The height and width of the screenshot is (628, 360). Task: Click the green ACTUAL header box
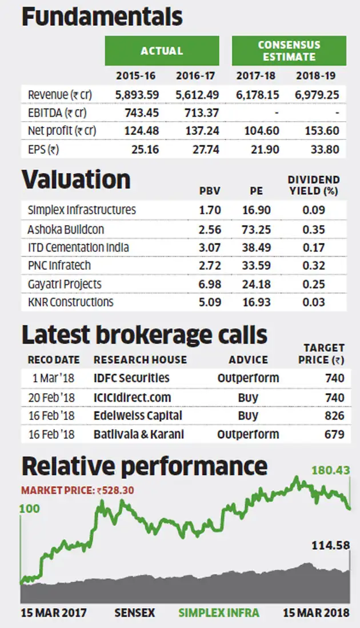[162, 51]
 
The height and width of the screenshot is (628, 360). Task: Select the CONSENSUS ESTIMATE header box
[289, 51]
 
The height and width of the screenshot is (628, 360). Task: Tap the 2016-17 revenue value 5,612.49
[197, 94]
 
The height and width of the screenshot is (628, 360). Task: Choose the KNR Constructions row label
[70, 302]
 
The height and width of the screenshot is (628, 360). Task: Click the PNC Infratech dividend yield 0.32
[314, 266]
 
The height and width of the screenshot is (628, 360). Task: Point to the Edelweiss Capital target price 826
[334, 415]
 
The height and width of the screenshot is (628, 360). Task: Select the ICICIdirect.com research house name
[132, 397]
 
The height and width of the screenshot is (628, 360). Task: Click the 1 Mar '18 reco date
[54, 378]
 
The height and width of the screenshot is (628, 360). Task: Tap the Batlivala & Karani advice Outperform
[248, 434]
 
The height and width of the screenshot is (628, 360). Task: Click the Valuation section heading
[76, 179]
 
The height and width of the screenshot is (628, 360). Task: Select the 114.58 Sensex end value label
[330, 546]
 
